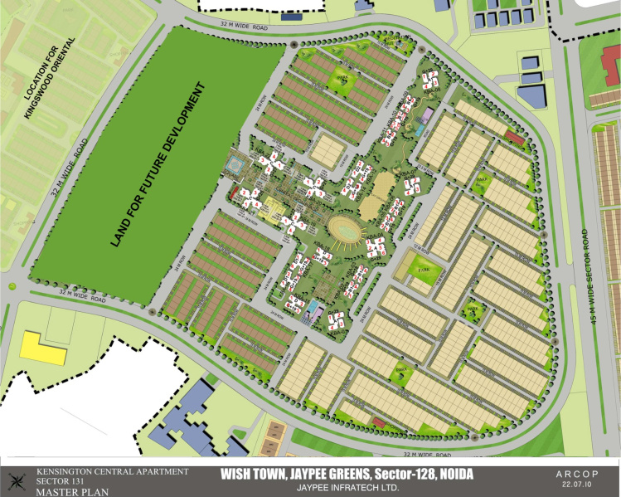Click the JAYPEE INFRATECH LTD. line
[x=347, y=488]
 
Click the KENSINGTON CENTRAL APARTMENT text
[x=112, y=471]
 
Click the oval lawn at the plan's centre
[x=345, y=227]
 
